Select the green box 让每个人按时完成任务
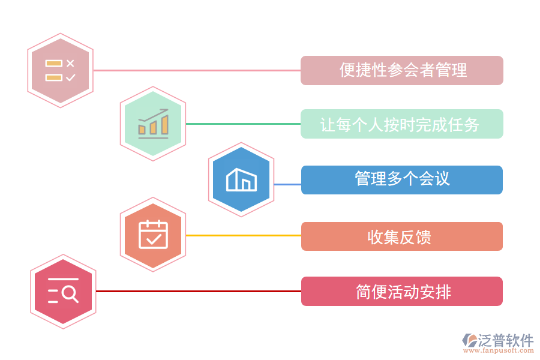(x=402, y=124)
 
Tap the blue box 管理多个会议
(x=402, y=180)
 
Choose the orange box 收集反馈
(x=402, y=236)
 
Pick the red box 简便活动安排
(x=402, y=291)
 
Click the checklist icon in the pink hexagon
(x=60, y=70)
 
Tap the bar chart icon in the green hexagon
(x=153, y=124)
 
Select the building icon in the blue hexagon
(x=241, y=179)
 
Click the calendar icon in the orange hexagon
(x=153, y=234)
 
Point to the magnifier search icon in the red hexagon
(x=63, y=290)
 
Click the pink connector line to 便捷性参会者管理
(x=197, y=70)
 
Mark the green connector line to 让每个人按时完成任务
(x=243, y=124)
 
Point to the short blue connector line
(x=287, y=184)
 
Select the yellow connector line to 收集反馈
(x=244, y=236)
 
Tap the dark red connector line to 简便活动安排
(x=199, y=291)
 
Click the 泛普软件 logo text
(x=506, y=340)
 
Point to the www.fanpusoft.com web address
(x=499, y=350)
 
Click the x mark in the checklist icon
(x=70, y=64)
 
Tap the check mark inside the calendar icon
(x=154, y=238)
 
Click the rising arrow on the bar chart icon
(x=153, y=115)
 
